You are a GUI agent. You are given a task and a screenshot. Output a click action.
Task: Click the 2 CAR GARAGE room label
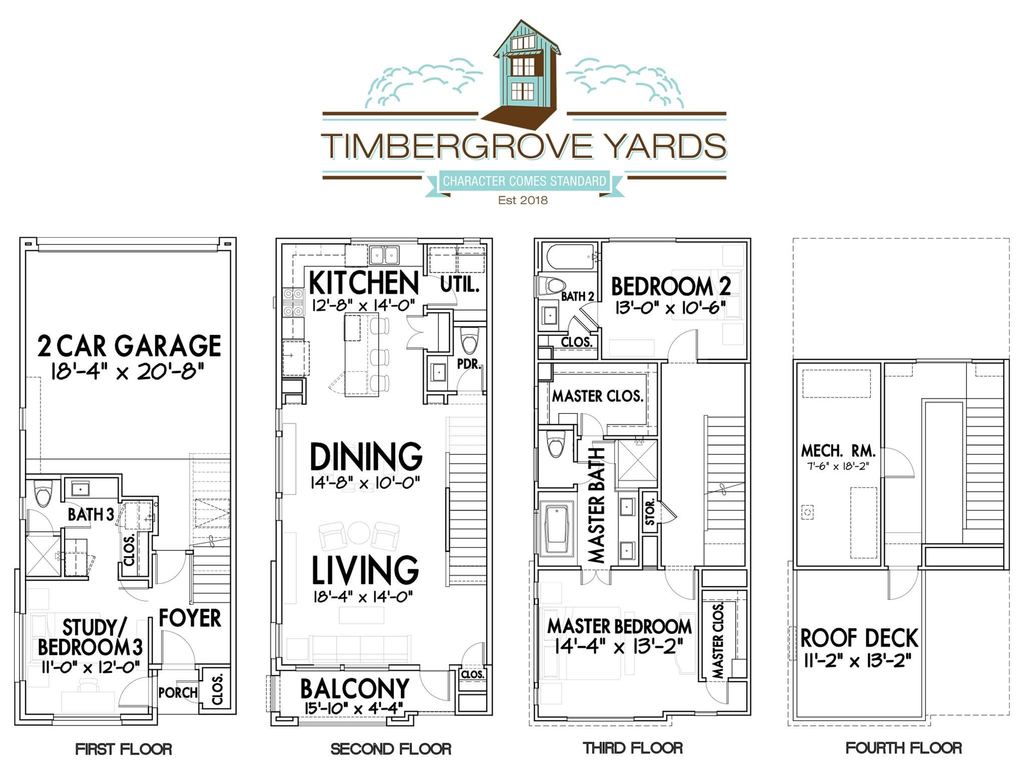(129, 346)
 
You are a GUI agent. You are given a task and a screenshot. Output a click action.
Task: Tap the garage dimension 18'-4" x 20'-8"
(128, 372)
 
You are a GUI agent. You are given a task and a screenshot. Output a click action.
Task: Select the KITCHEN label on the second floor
(364, 283)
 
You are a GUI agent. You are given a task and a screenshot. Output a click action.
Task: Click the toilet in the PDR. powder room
(469, 341)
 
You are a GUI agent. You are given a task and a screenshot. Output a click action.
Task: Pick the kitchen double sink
(384, 255)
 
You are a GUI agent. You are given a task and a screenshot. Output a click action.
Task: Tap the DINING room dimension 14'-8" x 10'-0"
(365, 483)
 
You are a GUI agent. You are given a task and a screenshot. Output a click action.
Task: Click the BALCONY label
(354, 689)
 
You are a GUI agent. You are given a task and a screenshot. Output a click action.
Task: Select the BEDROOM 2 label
(671, 287)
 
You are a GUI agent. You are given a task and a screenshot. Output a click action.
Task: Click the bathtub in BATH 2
(570, 256)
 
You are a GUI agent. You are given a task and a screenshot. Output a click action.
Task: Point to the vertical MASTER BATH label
(596, 506)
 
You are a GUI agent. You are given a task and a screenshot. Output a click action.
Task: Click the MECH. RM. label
(838, 451)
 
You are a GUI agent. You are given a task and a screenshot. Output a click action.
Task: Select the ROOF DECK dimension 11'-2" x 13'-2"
(857, 661)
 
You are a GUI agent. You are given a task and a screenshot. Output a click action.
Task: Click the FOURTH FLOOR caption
(903, 748)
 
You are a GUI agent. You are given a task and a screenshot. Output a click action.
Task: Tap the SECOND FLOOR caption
(391, 749)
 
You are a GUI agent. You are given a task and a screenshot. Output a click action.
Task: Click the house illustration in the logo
(523, 70)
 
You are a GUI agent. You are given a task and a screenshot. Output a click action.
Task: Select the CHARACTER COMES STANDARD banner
(524, 181)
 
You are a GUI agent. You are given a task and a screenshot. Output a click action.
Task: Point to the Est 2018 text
(523, 200)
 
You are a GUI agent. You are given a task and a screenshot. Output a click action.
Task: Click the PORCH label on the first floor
(178, 692)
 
